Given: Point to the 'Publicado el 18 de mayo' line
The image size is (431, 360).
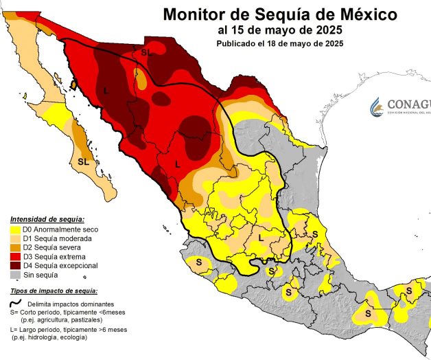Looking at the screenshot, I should [280, 43].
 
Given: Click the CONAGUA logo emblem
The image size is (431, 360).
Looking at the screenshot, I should [377, 106].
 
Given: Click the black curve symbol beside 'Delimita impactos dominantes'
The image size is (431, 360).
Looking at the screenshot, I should [15, 303].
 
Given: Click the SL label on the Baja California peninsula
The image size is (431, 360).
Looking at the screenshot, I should [83, 161].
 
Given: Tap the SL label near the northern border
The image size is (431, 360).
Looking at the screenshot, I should [145, 52].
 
